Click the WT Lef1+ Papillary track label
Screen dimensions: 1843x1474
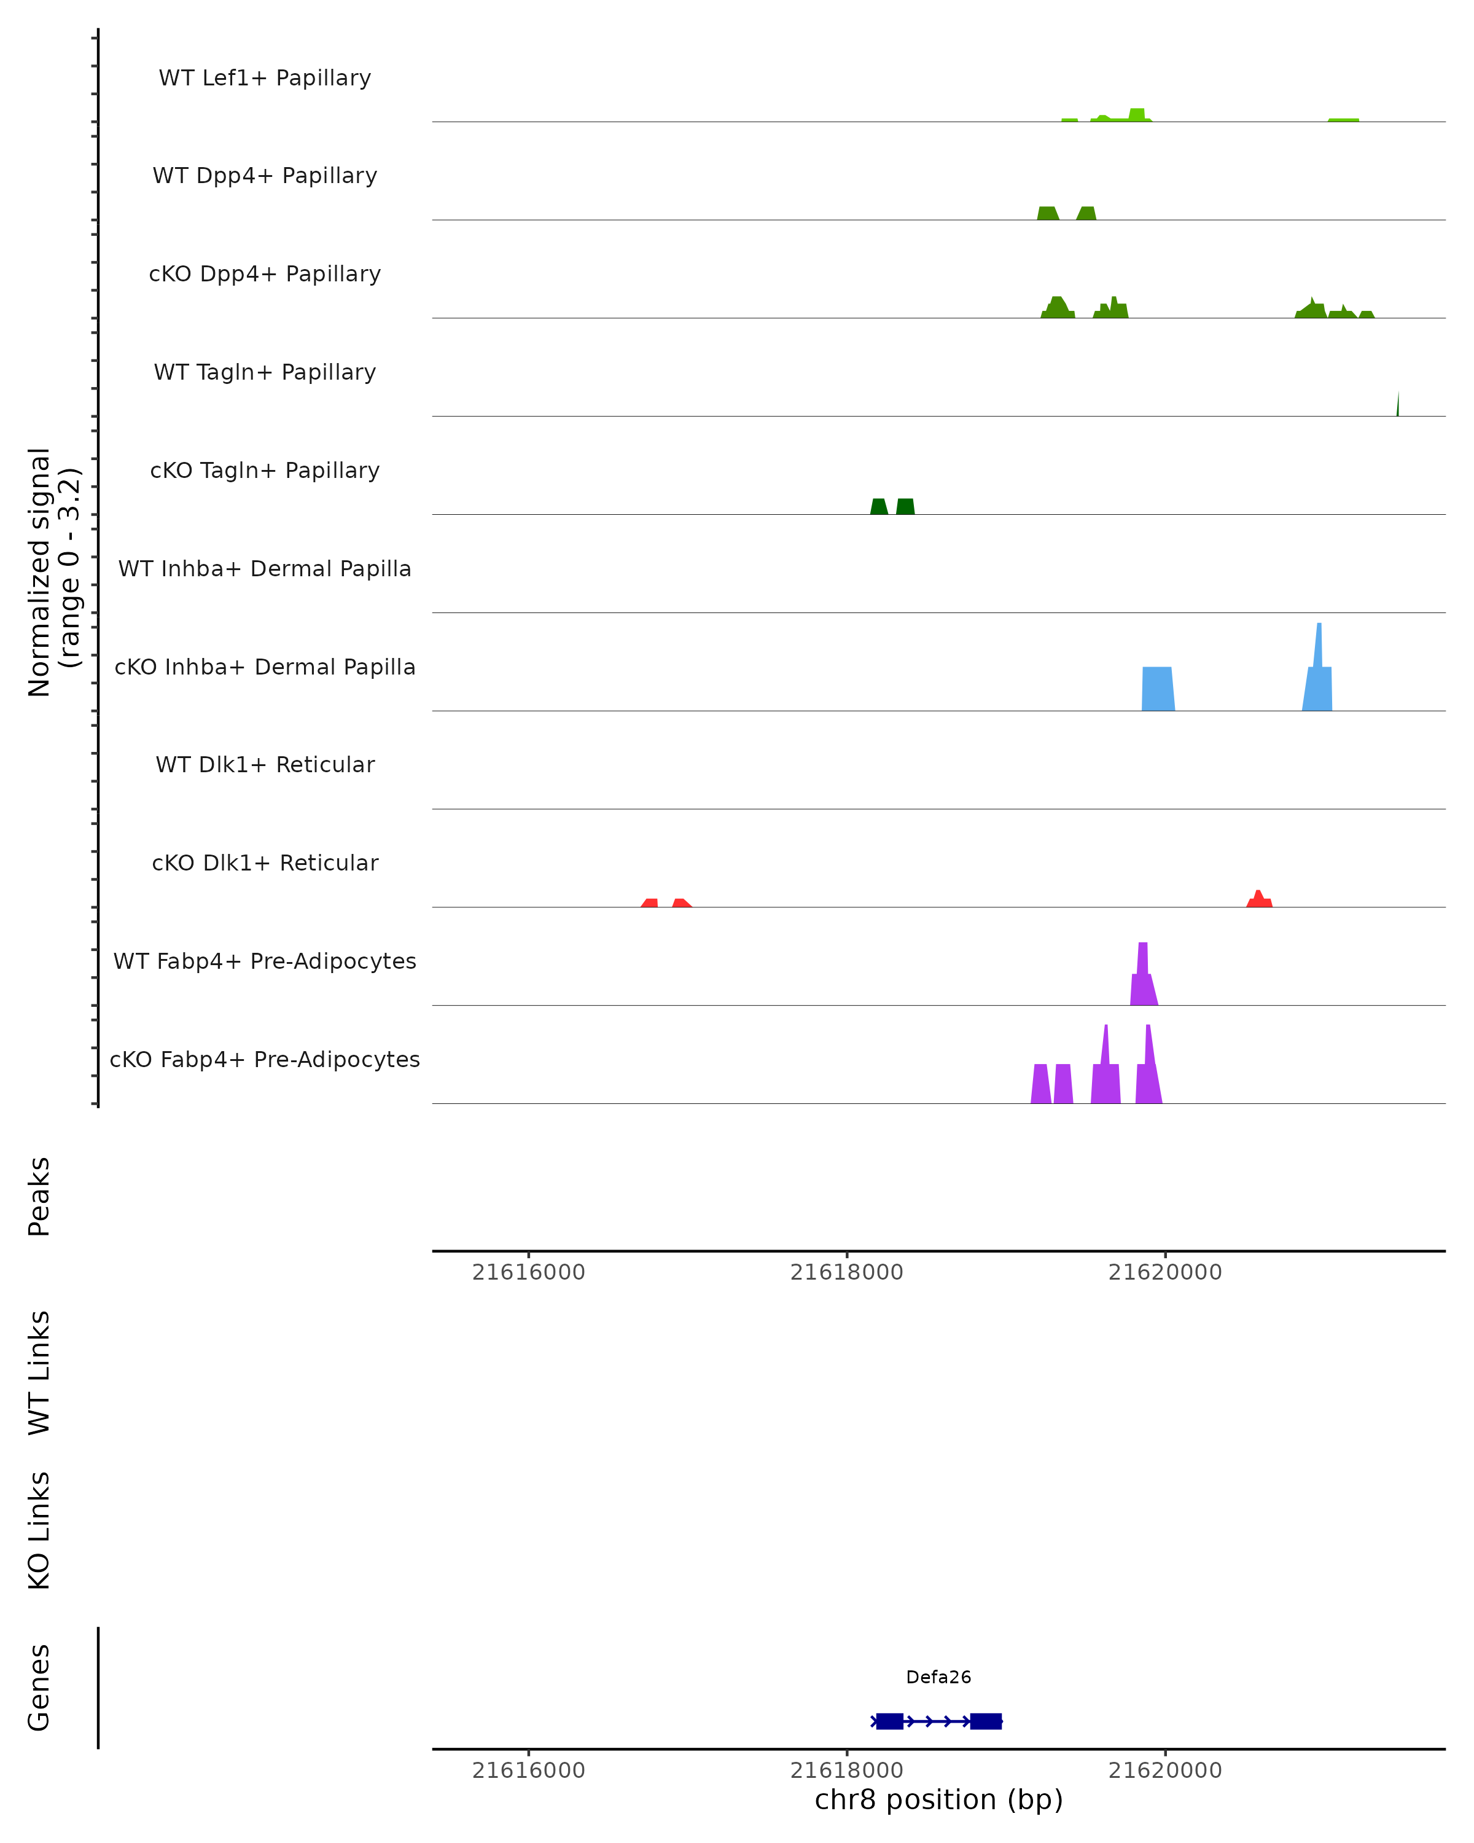coord(265,78)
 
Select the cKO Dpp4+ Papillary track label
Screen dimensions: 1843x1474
coord(265,275)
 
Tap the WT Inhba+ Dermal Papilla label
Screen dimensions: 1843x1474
coord(265,569)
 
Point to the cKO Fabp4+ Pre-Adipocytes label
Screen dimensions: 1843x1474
coord(265,1060)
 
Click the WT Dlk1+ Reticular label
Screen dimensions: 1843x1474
coord(265,765)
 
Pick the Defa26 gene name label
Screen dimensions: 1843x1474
coord(938,1677)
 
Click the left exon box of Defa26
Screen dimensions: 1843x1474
coord(889,1721)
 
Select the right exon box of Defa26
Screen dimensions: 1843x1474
coord(985,1721)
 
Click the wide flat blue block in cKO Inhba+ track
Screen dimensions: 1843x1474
coord(1158,689)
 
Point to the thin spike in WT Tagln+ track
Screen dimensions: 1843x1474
coord(1398,405)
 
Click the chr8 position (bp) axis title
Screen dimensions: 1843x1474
coord(938,1799)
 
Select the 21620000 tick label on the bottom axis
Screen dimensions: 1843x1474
coord(1164,1771)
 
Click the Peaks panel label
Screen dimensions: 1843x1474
coord(39,1197)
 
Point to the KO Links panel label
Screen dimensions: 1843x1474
coord(39,1531)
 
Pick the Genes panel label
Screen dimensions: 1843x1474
coord(39,1688)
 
